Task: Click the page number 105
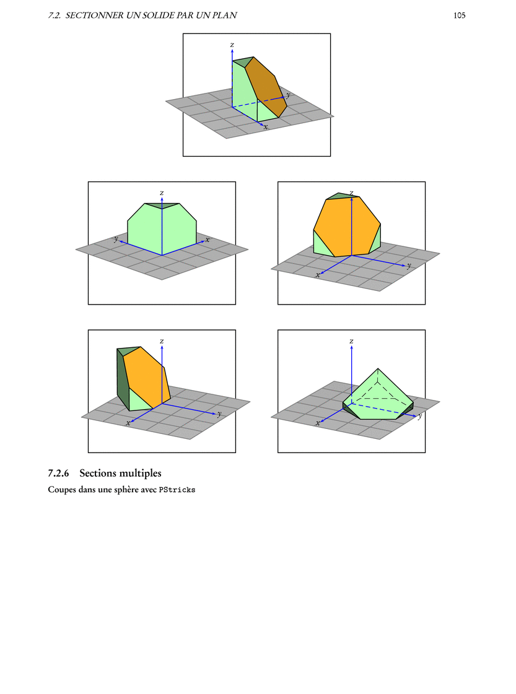click(459, 15)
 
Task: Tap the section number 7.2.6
click(58, 473)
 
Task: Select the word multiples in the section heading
click(142, 474)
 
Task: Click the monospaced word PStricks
click(177, 490)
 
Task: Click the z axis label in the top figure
click(232, 45)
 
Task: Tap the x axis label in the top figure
click(266, 127)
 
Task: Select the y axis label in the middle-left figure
click(116, 239)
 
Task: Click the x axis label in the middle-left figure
click(208, 240)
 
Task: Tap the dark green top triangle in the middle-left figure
click(162, 206)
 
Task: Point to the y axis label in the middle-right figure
click(408, 266)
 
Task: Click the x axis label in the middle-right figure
click(318, 275)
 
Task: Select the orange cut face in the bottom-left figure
click(147, 377)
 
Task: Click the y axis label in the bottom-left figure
click(219, 414)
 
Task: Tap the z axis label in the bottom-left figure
click(162, 341)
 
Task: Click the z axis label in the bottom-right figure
click(351, 341)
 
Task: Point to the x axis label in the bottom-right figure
click(318, 423)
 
